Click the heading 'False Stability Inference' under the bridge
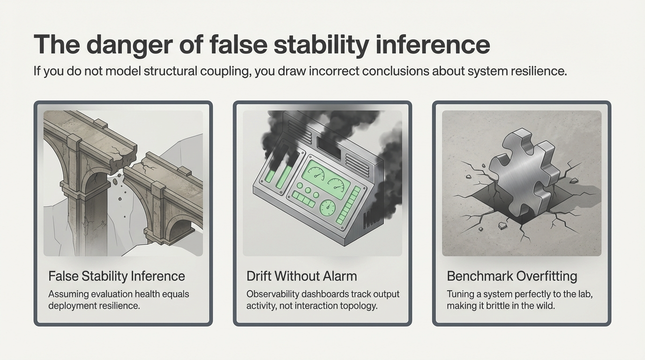(x=117, y=276)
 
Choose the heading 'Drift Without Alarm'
(x=301, y=276)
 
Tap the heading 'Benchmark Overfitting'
(x=512, y=276)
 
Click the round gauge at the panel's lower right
(x=327, y=206)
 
